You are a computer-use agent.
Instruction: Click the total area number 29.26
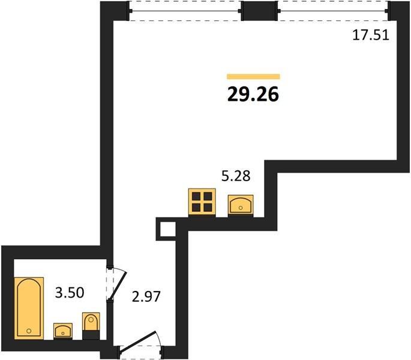[253, 94]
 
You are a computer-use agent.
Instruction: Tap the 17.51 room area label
[371, 35]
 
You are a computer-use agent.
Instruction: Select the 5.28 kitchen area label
[236, 176]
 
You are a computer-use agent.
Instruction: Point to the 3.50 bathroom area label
[70, 292]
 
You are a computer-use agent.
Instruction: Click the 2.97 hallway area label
[146, 297]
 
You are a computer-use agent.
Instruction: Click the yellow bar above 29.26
[253, 77]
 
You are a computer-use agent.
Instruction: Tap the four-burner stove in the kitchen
[202, 202]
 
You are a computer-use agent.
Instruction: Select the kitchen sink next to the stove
[241, 206]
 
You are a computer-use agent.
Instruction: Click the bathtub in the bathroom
[29, 308]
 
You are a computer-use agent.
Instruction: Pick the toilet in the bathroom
[91, 326]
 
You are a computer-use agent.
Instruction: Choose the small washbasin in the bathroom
[63, 331]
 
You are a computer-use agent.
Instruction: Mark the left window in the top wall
[185, 11]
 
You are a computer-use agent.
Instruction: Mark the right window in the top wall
[333, 11]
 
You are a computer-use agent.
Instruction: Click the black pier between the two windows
[259, 11]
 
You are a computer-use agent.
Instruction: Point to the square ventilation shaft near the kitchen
[166, 229]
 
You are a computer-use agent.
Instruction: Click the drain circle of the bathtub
[29, 331]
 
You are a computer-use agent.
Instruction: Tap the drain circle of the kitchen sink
[241, 208]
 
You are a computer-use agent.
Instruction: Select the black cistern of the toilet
[91, 335]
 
